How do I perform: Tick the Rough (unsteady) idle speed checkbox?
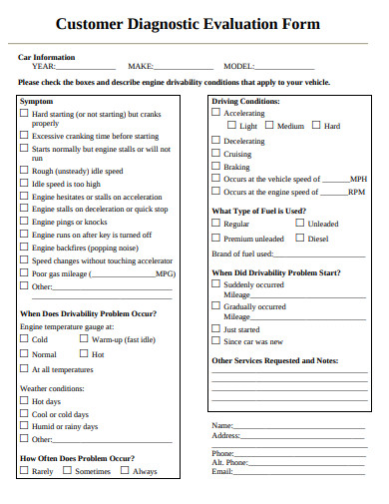click(x=25, y=170)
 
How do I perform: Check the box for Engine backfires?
click(x=25, y=247)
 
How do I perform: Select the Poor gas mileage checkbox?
click(x=25, y=272)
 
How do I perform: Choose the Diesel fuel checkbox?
click(x=300, y=240)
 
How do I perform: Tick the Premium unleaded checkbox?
click(x=215, y=240)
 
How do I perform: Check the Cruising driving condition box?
click(x=215, y=154)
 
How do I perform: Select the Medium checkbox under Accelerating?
click(x=268, y=127)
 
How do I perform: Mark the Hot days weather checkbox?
click(x=25, y=401)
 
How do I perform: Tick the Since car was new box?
click(x=215, y=341)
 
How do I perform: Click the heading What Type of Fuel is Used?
click(x=258, y=211)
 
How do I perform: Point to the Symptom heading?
click(x=37, y=102)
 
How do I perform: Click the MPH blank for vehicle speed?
click(x=336, y=182)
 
